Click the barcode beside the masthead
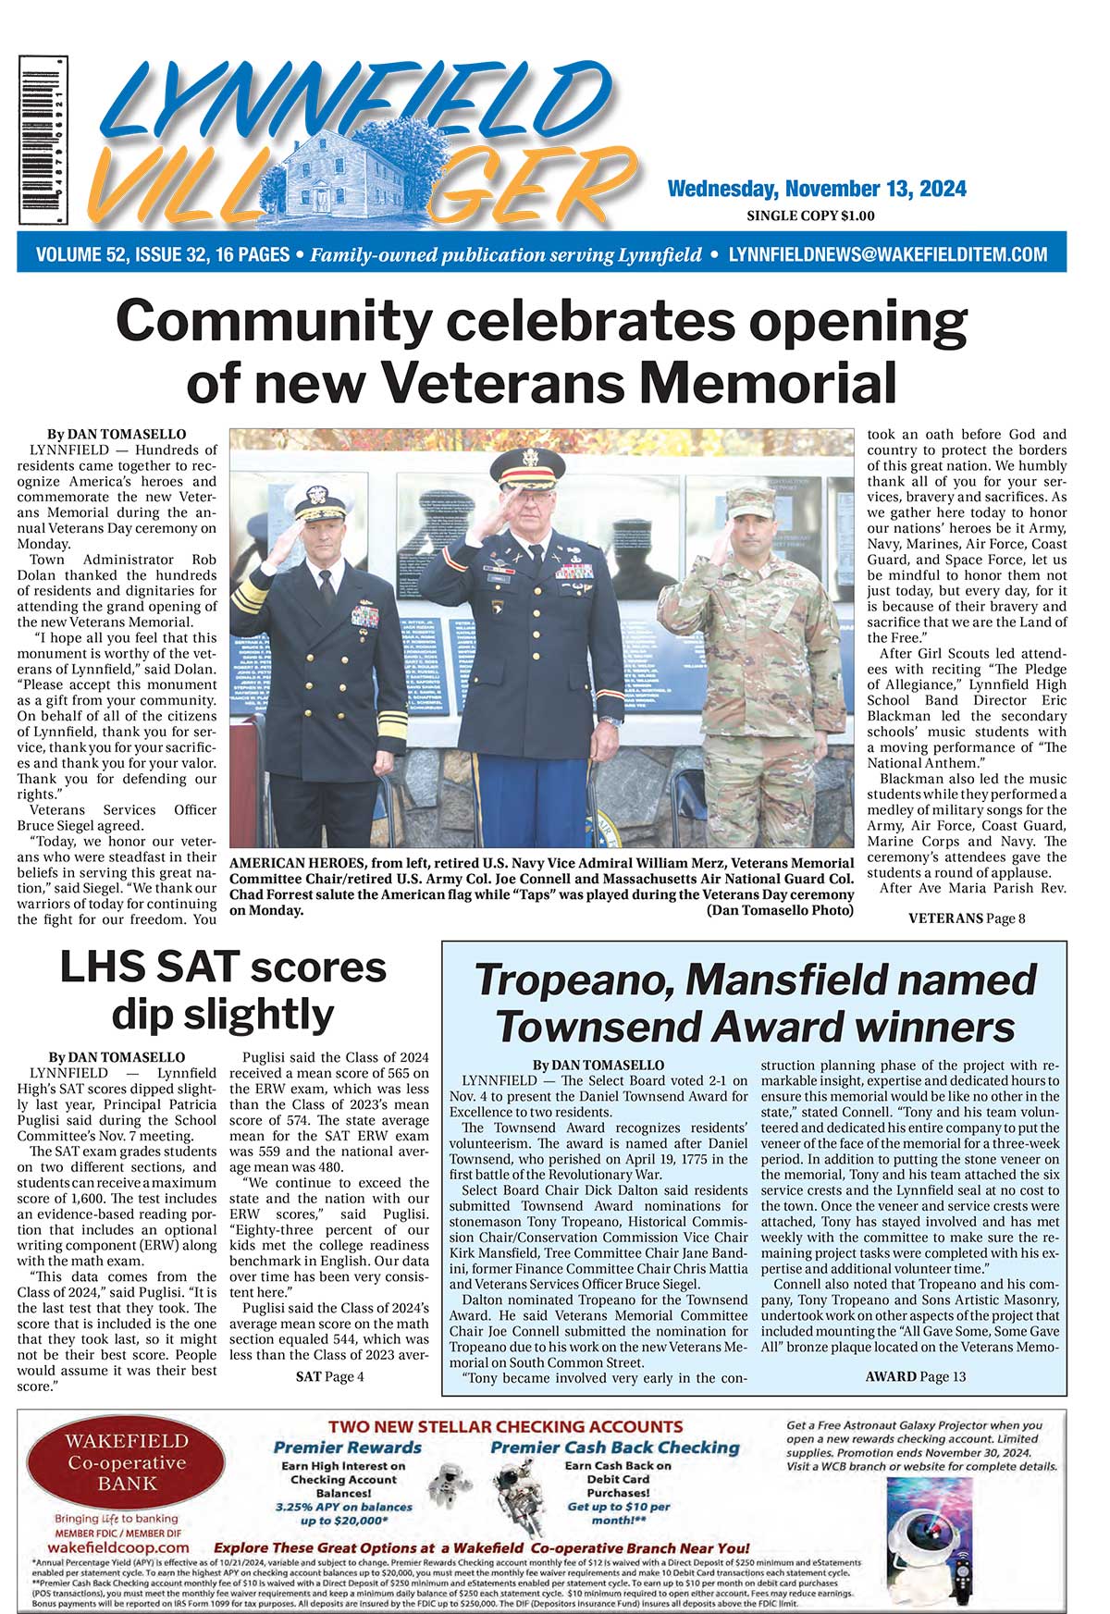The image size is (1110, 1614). (x=43, y=141)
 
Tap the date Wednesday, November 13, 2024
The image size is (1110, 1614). (x=817, y=190)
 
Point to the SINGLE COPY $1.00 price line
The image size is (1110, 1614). (x=810, y=216)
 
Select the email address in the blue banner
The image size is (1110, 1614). (x=888, y=254)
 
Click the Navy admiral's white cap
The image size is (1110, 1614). (x=320, y=501)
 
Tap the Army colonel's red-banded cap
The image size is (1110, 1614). (x=527, y=467)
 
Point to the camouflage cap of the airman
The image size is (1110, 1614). (x=750, y=502)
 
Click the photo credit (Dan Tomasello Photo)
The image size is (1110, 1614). (x=780, y=911)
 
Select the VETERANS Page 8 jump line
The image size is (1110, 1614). (x=967, y=918)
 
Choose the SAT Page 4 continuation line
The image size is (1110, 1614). (x=329, y=1376)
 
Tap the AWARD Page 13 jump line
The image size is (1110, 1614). (x=915, y=1376)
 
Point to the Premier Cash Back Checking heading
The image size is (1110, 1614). (x=615, y=1448)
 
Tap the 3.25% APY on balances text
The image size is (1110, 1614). (x=343, y=1507)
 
